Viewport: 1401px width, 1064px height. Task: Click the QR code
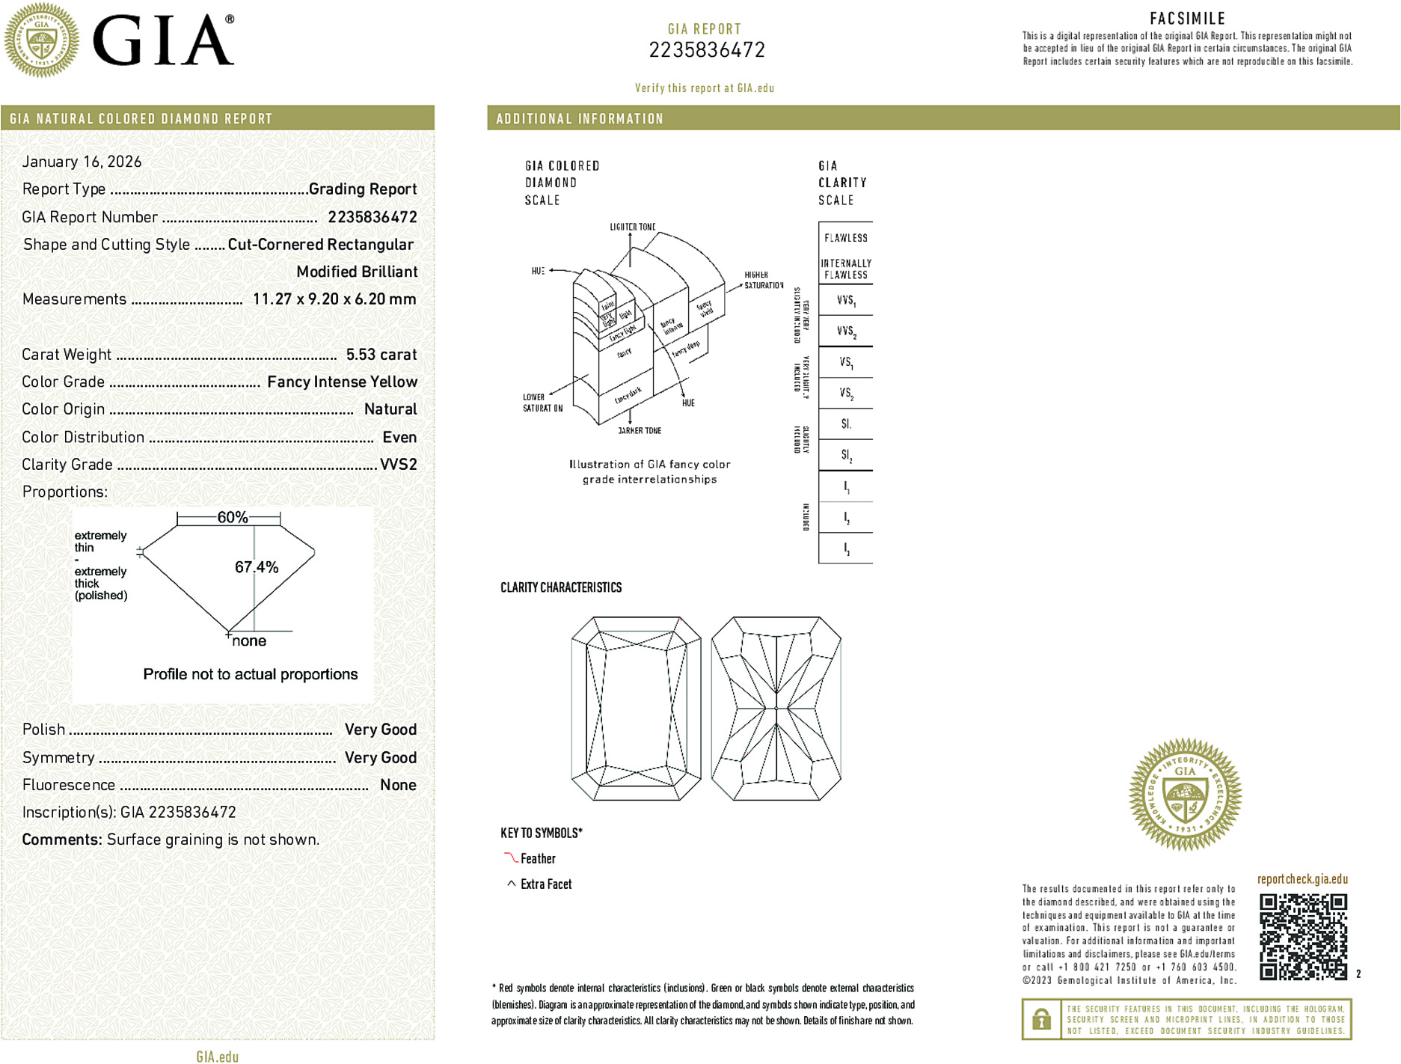coord(1303,936)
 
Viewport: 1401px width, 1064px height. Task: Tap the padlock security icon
coord(1040,1019)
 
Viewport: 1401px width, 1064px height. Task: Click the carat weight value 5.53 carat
coord(381,355)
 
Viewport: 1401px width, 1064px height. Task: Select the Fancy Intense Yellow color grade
coord(342,382)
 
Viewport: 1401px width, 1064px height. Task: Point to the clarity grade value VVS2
coord(398,465)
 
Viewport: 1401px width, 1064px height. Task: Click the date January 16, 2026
coord(82,162)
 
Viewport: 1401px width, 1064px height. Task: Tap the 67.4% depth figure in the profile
coord(257,567)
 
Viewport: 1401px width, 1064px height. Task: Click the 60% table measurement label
coord(232,517)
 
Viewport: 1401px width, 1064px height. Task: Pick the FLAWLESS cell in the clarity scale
coord(846,238)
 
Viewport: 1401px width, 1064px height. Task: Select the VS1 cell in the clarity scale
coord(846,363)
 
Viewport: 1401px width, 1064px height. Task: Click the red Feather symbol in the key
coord(511,857)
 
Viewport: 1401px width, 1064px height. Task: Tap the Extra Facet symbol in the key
coord(512,884)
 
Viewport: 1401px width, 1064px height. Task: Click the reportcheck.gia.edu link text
coord(1302,879)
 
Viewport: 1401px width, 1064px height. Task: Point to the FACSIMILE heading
coord(1187,19)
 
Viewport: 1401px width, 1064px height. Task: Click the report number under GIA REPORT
coord(707,50)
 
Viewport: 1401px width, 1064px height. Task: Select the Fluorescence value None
coord(398,785)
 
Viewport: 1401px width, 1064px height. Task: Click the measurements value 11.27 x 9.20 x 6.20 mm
coord(334,299)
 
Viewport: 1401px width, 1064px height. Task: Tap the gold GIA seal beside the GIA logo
coord(42,40)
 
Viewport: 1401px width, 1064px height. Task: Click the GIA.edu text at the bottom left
coord(218,1057)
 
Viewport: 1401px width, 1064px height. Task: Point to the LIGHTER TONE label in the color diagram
coord(632,227)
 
